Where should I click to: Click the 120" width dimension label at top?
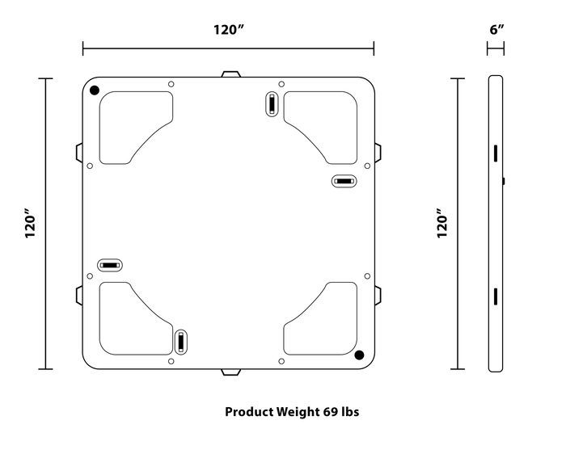tap(229, 30)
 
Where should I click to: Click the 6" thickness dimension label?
tap(496, 29)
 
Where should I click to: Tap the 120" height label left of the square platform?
tap(31, 225)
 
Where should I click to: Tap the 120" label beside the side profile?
tap(441, 225)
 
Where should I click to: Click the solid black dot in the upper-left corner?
tap(95, 90)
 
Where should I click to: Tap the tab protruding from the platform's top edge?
tap(230, 74)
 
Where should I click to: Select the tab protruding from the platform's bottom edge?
tap(231, 372)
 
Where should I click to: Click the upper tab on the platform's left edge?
tap(78, 152)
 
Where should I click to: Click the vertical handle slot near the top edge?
tap(272, 105)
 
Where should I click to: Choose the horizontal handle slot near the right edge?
tap(344, 181)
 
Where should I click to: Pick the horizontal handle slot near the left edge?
tap(109, 265)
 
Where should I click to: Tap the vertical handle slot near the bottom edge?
tap(180, 341)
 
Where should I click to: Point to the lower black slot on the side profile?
tap(492, 296)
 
